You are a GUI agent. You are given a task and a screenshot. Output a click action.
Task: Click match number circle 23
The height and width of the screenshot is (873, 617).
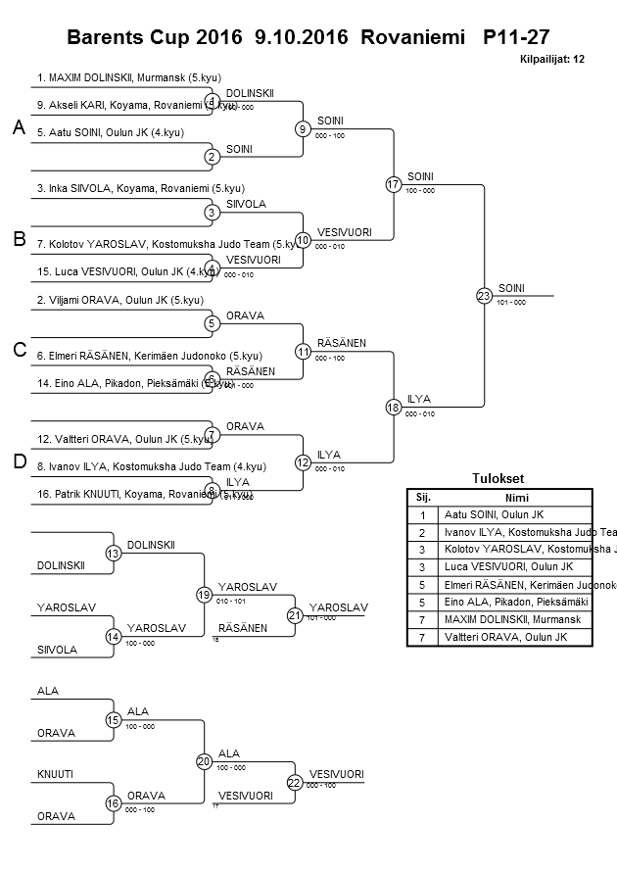coord(483,295)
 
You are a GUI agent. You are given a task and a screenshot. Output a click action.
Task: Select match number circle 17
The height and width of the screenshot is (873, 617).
coord(394,184)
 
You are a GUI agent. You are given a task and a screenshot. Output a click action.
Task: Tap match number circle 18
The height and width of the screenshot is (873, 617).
coord(394,407)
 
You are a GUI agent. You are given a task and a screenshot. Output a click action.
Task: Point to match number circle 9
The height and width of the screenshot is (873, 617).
coord(304,128)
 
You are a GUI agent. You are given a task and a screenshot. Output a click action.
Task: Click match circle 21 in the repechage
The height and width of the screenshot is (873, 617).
coord(295,615)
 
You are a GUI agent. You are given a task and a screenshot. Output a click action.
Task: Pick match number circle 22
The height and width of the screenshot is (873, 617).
coord(295,781)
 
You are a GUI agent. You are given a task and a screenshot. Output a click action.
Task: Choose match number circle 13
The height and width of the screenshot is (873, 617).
coord(113,554)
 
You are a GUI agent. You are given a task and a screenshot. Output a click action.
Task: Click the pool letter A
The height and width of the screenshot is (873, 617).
coord(18,127)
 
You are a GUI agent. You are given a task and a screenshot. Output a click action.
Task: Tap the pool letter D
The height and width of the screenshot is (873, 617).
coord(18,461)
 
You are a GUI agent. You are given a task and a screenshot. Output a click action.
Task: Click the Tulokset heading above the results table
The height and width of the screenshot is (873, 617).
coord(498,479)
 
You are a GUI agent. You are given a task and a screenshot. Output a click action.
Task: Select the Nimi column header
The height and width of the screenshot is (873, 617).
coord(512,498)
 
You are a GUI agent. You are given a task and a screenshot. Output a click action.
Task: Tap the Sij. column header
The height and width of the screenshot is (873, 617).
coord(422,498)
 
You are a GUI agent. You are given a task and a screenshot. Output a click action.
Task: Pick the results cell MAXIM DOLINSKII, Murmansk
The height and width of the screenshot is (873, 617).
coord(512,620)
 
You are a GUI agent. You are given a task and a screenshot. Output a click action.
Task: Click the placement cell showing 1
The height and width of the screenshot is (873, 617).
coord(422,514)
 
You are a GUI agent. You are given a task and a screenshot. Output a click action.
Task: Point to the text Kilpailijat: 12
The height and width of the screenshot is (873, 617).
coord(552,60)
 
